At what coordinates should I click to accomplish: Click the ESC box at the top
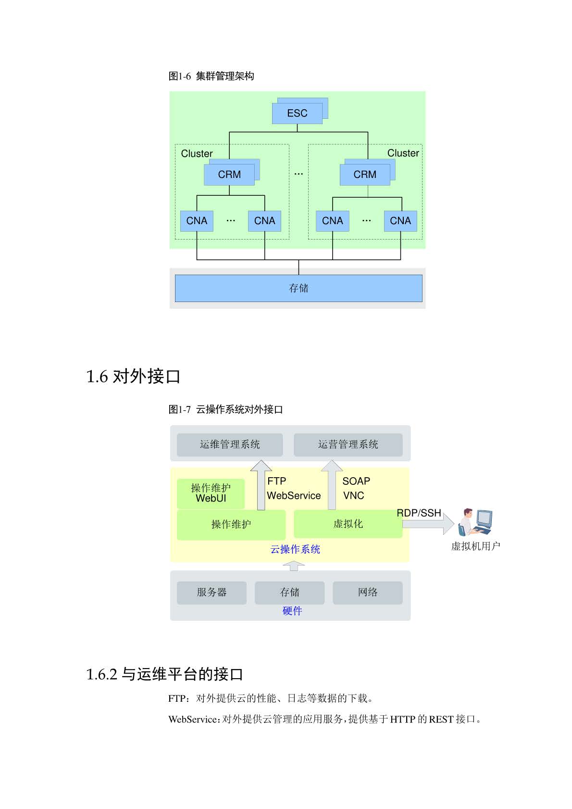coord(297,113)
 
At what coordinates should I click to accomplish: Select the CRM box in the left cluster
coord(229,175)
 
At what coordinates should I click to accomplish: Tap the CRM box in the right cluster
coord(365,175)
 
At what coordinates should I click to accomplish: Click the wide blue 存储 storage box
coord(298,288)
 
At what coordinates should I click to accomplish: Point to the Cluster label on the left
coord(197,153)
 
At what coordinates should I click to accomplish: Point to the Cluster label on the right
coord(403,153)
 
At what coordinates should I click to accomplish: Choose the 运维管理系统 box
coord(230,444)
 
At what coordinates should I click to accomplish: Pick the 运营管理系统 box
coord(348,444)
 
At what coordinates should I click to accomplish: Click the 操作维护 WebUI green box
coord(211,493)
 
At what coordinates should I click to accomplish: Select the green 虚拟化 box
coord(348,524)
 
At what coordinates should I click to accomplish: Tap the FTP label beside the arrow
coord(276,481)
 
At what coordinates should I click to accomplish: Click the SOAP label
coord(356,481)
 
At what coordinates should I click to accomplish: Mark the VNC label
coord(353,495)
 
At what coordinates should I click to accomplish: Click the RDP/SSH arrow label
coord(419,513)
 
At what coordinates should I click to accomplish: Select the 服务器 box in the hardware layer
coord(211,593)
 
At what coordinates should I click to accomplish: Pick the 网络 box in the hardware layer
coord(368,593)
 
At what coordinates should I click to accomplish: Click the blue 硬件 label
coord(292,611)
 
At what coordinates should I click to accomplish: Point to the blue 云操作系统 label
coord(295,549)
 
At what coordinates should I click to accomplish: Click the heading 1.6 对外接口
coord(133,376)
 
